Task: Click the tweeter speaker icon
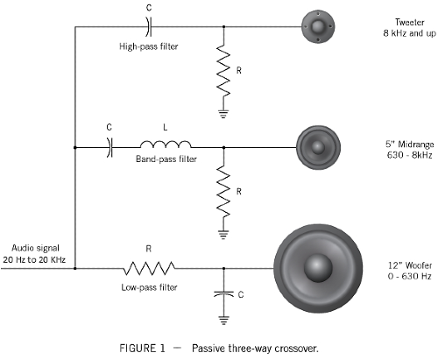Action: (x=318, y=26)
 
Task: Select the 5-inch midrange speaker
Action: (x=318, y=147)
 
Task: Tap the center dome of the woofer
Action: (x=318, y=268)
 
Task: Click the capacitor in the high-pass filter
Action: (x=149, y=26)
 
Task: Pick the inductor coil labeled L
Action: (x=166, y=145)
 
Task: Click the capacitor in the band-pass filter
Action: (x=109, y=147)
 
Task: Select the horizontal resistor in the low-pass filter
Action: (x=149, y=268)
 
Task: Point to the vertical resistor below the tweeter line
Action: (x=223, y=70)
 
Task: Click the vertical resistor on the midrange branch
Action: (x=223, y=192)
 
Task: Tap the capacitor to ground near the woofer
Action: (x=223, y=293)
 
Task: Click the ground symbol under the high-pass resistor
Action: (x=223, y=114)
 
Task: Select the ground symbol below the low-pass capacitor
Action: (x=223, y=321)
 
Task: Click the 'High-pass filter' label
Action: (x=149, y=46)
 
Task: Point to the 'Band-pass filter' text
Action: (x=166, y=159)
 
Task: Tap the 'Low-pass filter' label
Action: (x=149, y=287)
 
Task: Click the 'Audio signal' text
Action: (x=35, y=248)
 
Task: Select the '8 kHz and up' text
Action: (x=409, y=33)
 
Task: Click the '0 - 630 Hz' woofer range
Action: (x=409, y=276)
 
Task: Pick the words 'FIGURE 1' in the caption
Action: (x=142, y=348)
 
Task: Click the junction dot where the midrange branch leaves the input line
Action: (x=75, y=147)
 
